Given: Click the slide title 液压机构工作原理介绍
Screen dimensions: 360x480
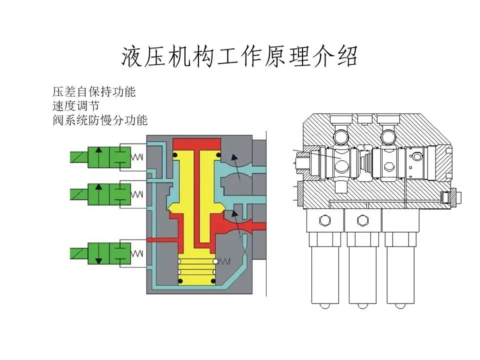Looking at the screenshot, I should (239, 57).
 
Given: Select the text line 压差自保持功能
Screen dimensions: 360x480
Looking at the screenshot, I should (94, 92).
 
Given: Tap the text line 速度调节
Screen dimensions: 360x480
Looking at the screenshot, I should (76, 106).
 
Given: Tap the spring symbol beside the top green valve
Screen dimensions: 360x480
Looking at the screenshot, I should (137, 157).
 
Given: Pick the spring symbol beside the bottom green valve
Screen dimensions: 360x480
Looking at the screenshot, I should (137, 253).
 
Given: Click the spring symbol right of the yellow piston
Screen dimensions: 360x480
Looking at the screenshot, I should (225, 261).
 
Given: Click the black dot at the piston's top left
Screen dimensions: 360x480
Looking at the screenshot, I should (176, 156).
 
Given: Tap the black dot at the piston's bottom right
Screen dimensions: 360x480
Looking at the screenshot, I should (213, 283).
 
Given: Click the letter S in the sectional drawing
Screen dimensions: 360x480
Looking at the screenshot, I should (364, 147).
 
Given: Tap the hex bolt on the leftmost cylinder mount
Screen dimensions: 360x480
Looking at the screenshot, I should (324, 220).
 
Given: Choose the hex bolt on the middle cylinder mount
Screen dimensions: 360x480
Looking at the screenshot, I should (362, 220).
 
